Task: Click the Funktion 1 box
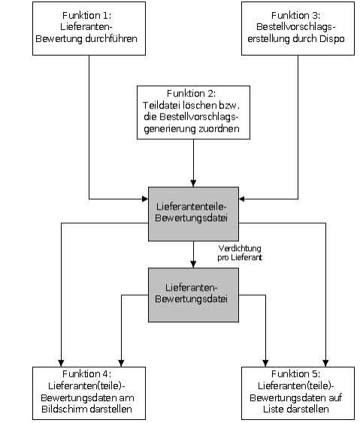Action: pos(89,29)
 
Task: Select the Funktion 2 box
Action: pos(193,113)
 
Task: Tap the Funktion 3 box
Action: pos(298,29)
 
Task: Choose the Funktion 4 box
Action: pos(89,393)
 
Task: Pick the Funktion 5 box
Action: pos(298,393)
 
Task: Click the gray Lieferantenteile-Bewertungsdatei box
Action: pos(193,214)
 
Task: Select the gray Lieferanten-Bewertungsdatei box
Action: pos(193,295)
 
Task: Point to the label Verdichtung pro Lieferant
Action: pos(240,252)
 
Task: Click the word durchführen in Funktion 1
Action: pos(111,38)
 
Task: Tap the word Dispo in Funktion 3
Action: pos(332,38)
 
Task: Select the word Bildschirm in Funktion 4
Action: pos(64,409)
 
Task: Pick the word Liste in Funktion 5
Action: pos(274,409)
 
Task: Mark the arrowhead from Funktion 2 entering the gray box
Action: pos(193,183)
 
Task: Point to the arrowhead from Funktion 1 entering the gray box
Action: pos(145,199)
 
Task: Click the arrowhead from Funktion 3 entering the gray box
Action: pos(242,199)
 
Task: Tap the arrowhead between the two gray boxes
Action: pos(193,264)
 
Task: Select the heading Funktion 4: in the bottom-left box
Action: pos(86,374)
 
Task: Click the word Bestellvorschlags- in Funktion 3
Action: pos(296,27)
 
